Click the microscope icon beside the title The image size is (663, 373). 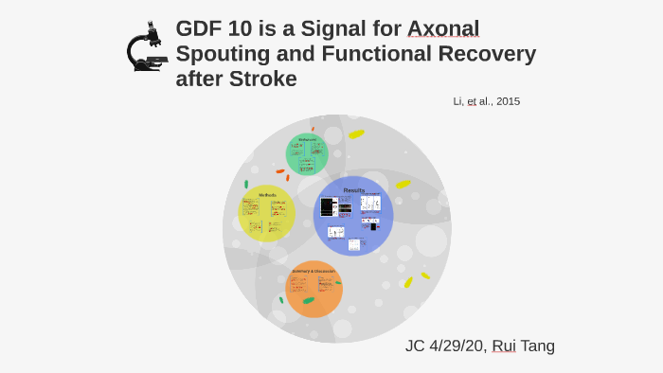click(146, 47)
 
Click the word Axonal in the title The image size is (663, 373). click(442, 29)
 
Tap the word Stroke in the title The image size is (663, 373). click(263, 80)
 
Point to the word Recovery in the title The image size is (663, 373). click(486, 54)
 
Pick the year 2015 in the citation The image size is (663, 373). click(506, 101)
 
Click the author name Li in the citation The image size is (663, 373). click(457, 101)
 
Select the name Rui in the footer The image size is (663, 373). click(504, 346)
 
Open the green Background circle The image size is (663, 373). click(307, 154)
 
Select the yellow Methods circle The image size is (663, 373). click(266, 214)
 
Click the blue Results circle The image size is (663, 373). click(353, 216)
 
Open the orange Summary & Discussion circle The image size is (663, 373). click(314, 290)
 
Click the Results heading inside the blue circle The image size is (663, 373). click(353, 190)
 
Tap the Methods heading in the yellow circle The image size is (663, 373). click(268, 195)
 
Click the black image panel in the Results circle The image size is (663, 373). click(329, 206)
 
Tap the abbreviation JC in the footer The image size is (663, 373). click(415, 346)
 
